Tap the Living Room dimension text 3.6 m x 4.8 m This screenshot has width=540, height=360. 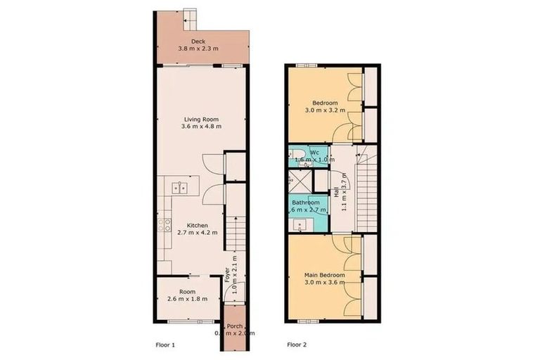point(201,127)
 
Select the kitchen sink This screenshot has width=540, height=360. point(179,187)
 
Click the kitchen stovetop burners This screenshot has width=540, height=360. point(165,226)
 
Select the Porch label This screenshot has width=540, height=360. point(235,326)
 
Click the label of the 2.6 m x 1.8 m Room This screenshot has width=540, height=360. point(186,291)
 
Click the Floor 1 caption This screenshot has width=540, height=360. point(165,345)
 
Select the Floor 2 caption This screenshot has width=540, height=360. point(297,345)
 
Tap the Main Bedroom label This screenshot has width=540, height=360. point(324,274)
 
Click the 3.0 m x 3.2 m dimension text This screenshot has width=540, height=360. point(324,110)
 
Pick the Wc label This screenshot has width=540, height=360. point(316,152)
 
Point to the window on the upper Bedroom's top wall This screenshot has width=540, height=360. point(305,65)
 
